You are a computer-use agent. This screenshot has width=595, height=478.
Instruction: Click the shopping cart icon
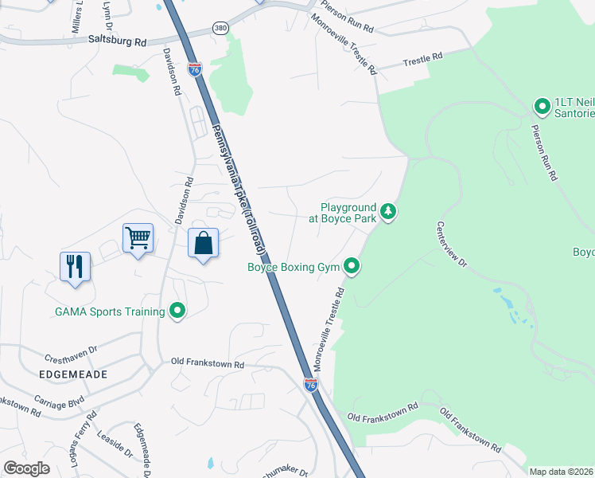(138, 237)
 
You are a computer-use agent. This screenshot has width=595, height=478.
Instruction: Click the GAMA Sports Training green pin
(177, 311)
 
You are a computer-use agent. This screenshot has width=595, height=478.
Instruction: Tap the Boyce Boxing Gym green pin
(352, 268)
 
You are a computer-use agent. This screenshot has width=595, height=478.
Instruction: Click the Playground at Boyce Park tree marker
(388, 211)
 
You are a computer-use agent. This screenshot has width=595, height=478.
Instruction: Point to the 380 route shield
(220, 28)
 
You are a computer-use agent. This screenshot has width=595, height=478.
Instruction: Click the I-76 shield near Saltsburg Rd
(195, 69)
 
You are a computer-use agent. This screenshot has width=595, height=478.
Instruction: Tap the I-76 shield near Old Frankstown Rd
(311, 386)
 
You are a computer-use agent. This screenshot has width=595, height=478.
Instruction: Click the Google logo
(26, 468)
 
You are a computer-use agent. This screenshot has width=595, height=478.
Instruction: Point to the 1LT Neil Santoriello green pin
(542, 106)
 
